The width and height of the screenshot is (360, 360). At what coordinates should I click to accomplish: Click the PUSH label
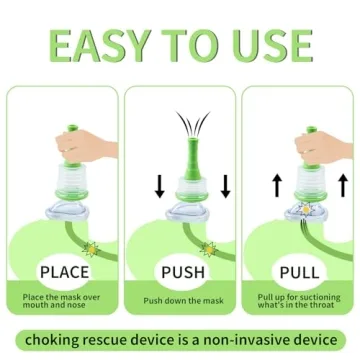[180, 272]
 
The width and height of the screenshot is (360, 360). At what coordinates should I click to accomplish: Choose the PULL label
[299, 272]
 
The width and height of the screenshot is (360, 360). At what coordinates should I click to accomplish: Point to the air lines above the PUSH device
[181, 126]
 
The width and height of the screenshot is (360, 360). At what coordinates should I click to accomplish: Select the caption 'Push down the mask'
[180, 300]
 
